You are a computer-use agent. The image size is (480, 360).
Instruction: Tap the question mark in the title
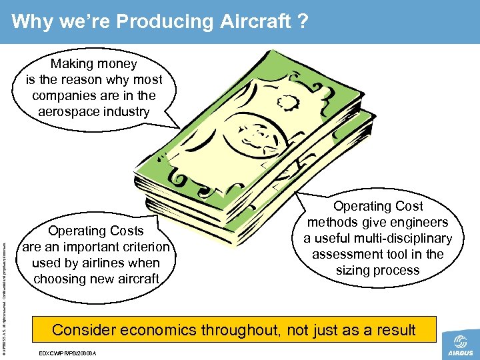[x=302, y=22]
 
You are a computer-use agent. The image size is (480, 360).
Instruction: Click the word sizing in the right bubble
[x=354, y=270]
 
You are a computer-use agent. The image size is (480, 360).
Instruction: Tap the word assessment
[x=349, y=254]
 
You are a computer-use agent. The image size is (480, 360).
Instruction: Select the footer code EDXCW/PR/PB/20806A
[x=69, y=353]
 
